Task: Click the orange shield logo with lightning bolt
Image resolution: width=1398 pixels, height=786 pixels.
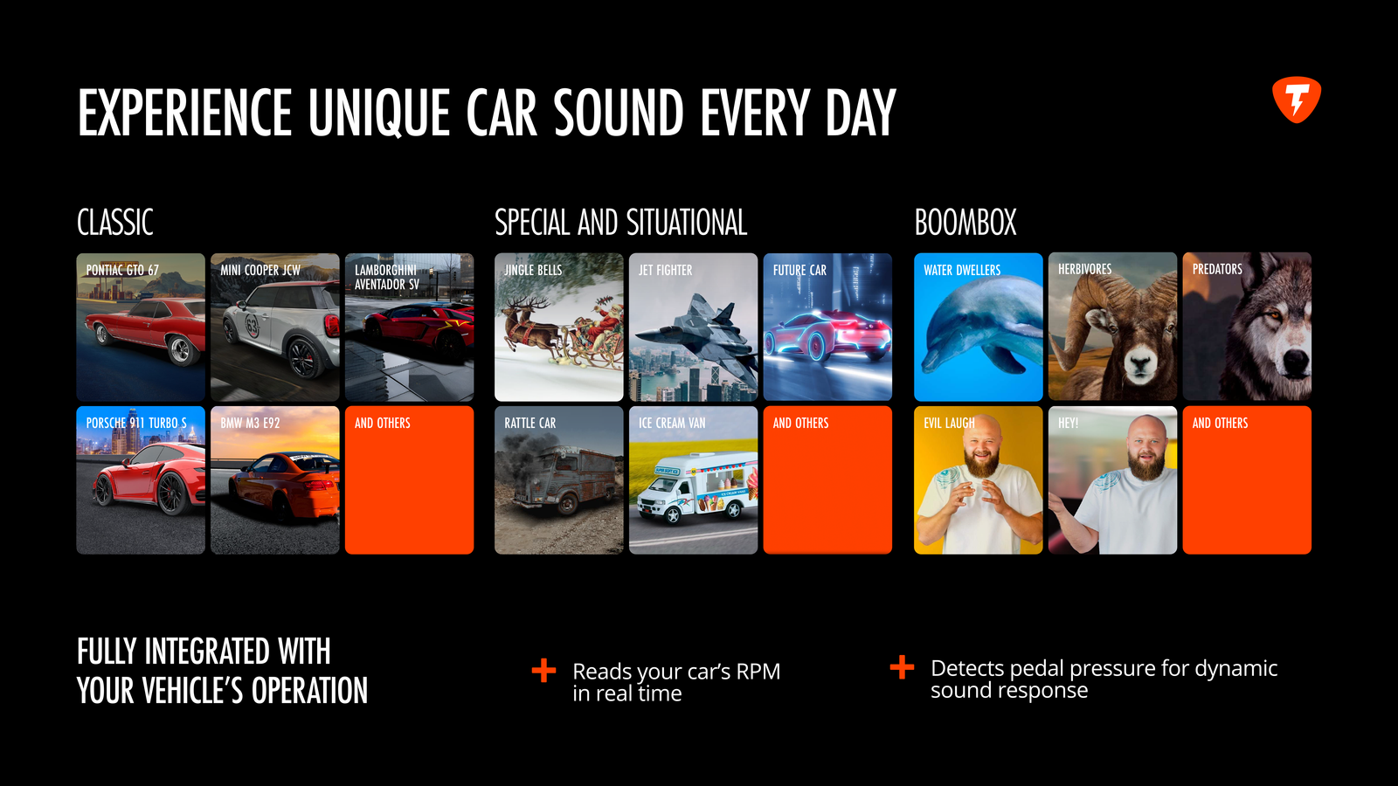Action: (1297, 100)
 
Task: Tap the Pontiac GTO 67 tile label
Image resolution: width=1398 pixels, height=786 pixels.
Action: (122, 270)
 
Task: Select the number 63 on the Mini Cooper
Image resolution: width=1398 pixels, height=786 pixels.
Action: (252, 325)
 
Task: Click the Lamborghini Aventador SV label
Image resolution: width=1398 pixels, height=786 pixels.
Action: (387, 277)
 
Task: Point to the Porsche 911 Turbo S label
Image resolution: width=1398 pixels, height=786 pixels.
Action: (136, 423)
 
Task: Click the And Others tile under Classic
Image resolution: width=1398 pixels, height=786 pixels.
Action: (410, 480)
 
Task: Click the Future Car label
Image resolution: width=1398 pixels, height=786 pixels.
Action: (799, 270)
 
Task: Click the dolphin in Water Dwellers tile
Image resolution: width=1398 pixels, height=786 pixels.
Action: (979, 327)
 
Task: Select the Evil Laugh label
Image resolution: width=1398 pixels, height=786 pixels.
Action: (949, 423)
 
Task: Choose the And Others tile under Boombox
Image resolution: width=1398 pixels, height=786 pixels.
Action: (1247, 480)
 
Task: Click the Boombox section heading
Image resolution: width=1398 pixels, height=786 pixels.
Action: (965, 223)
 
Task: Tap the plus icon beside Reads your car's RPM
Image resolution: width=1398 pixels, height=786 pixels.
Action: (543, 671)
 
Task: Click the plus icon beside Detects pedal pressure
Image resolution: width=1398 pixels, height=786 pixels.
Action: (902, 667)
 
